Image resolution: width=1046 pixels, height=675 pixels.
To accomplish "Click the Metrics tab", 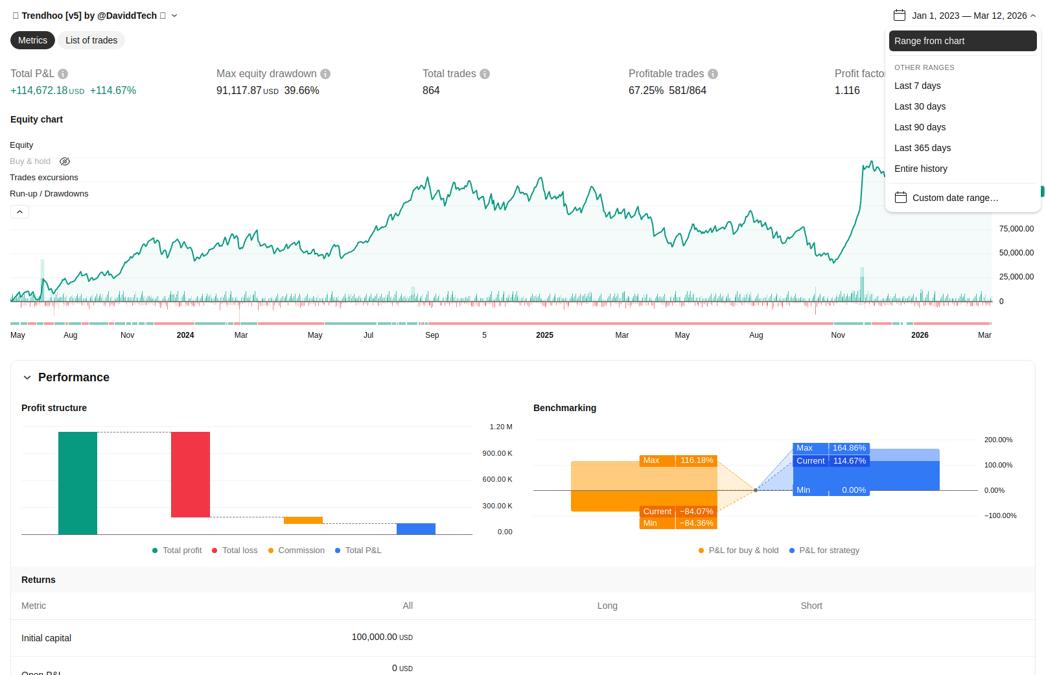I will tap(32, 40).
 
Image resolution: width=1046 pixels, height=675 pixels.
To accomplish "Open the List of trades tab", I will tap(91, 40).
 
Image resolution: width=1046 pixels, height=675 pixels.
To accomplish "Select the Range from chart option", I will tap(962, 41).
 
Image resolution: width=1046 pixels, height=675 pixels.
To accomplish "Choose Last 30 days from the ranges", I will tap(920, 106).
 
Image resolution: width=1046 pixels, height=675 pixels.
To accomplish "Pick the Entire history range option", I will tap(920, 169).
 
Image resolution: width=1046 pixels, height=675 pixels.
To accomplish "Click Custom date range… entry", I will tap(955, 198).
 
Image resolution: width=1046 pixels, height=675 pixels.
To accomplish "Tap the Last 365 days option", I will tap(922, 148).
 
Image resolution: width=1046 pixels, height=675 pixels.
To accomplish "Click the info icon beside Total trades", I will tap(485, 74).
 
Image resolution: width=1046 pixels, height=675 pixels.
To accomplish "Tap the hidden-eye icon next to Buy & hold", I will tap(65, 161).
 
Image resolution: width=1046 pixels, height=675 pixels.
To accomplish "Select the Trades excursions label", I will tap(44, 178).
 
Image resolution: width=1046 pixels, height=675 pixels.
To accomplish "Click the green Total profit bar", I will tap(78, 483).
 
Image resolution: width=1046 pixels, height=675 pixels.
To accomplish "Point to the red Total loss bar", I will tap(191, 474).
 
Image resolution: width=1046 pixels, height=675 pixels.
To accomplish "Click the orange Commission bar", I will tap(303, 520).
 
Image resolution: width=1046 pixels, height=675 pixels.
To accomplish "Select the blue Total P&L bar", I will tap(416, 528).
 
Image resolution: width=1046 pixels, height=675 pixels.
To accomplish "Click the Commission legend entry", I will tap(301, 551).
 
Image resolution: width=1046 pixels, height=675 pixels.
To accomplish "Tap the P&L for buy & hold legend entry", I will tap(743, 551).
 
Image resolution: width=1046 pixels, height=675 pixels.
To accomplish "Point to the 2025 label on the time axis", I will tap(544, 335).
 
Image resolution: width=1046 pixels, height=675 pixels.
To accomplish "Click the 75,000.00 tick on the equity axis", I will tap(1016, 229).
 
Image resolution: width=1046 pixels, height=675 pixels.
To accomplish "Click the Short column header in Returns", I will tap(811, 606).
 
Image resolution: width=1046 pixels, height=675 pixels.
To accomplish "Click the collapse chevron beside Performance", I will tap(27, 377).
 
